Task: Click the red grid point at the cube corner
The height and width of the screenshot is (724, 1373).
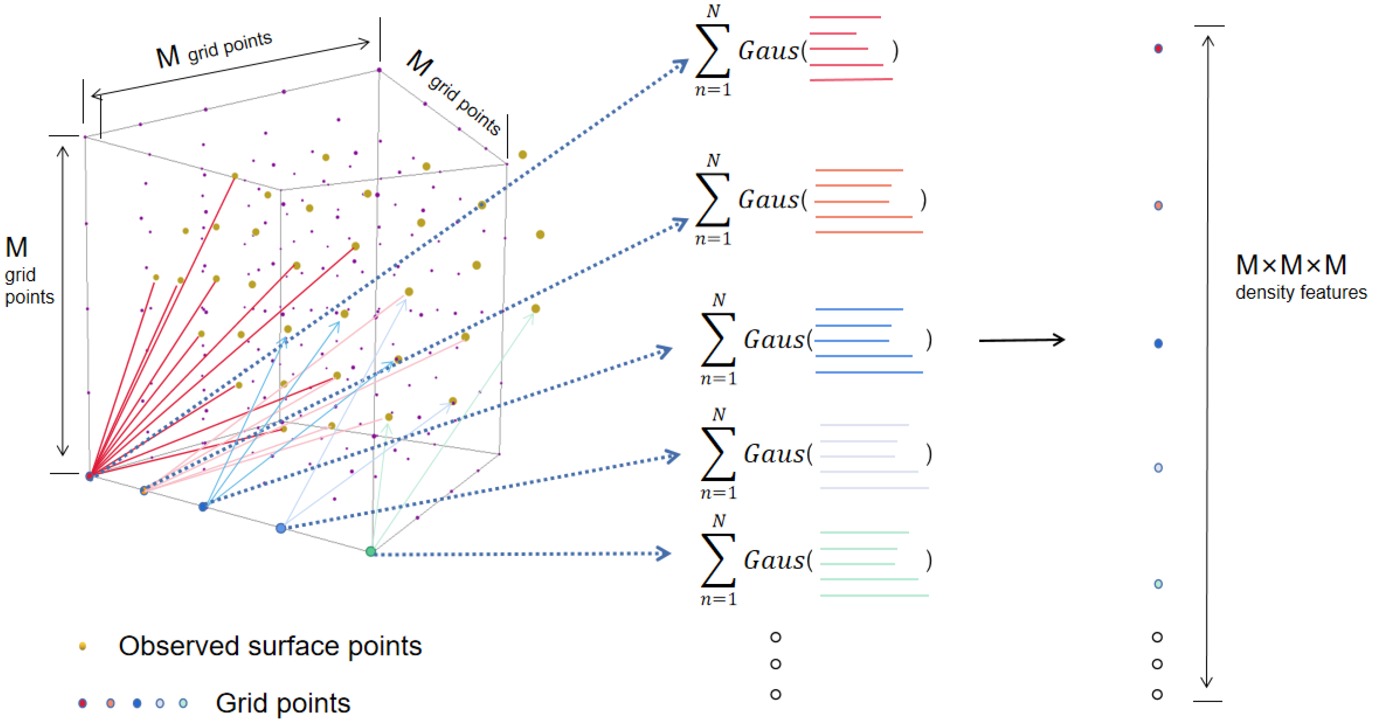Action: point(89,476)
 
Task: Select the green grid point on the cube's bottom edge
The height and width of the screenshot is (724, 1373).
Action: point(371,551)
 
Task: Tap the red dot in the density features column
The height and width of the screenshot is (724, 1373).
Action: point(1158,49)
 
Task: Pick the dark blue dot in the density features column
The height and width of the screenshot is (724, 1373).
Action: point(1158,344)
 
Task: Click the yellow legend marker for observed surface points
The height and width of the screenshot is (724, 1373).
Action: point(82,646)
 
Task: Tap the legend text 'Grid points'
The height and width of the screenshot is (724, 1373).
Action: point(282,703)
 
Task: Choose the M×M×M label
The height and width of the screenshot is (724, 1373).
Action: point(1291,265)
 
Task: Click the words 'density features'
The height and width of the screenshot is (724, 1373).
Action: point(1300,293)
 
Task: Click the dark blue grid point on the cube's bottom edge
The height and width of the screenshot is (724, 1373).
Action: point(203,507)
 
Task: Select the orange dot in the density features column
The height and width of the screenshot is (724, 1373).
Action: point(1158,206)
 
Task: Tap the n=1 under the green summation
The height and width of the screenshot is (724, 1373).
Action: point(718,599)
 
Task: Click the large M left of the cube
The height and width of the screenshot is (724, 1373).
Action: point(16,247)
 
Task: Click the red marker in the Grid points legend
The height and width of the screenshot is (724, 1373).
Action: point(82,703)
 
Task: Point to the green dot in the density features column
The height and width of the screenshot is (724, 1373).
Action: point(1158,584)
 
